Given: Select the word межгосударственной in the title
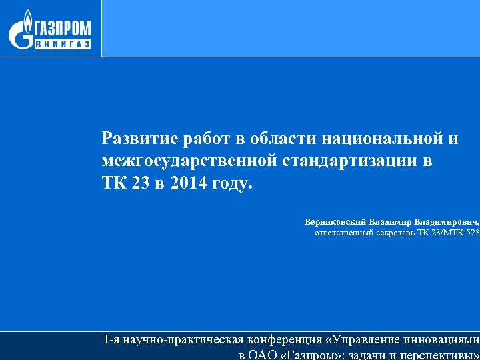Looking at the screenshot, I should (x=190, y=161).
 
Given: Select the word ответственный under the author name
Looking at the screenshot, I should (x=344, y=233).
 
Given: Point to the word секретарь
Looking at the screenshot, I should (x=398, y=233).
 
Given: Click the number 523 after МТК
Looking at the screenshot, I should (x=473, y=233).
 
